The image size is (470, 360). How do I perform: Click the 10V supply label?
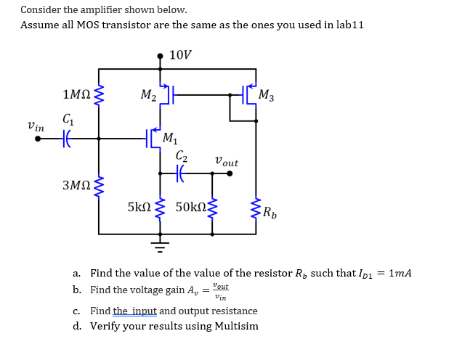tap(180, 55)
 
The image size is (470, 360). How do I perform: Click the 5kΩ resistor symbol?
tap(161, 208)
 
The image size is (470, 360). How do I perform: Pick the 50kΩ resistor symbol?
tap(212, 208)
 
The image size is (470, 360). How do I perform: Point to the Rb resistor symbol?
tap(256, 210)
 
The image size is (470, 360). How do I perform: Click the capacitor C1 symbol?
tap(68, 138)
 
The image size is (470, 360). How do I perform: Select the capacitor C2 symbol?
tap(182, 173)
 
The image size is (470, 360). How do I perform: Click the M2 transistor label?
tap(147, 94)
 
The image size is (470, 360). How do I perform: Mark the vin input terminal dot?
tap(38, 138)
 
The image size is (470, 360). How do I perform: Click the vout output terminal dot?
tap(230, 173)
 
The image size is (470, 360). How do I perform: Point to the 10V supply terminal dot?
tap(161, 55)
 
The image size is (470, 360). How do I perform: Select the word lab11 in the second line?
tap(347, 25)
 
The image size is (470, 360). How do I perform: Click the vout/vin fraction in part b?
tap(220, 292)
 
